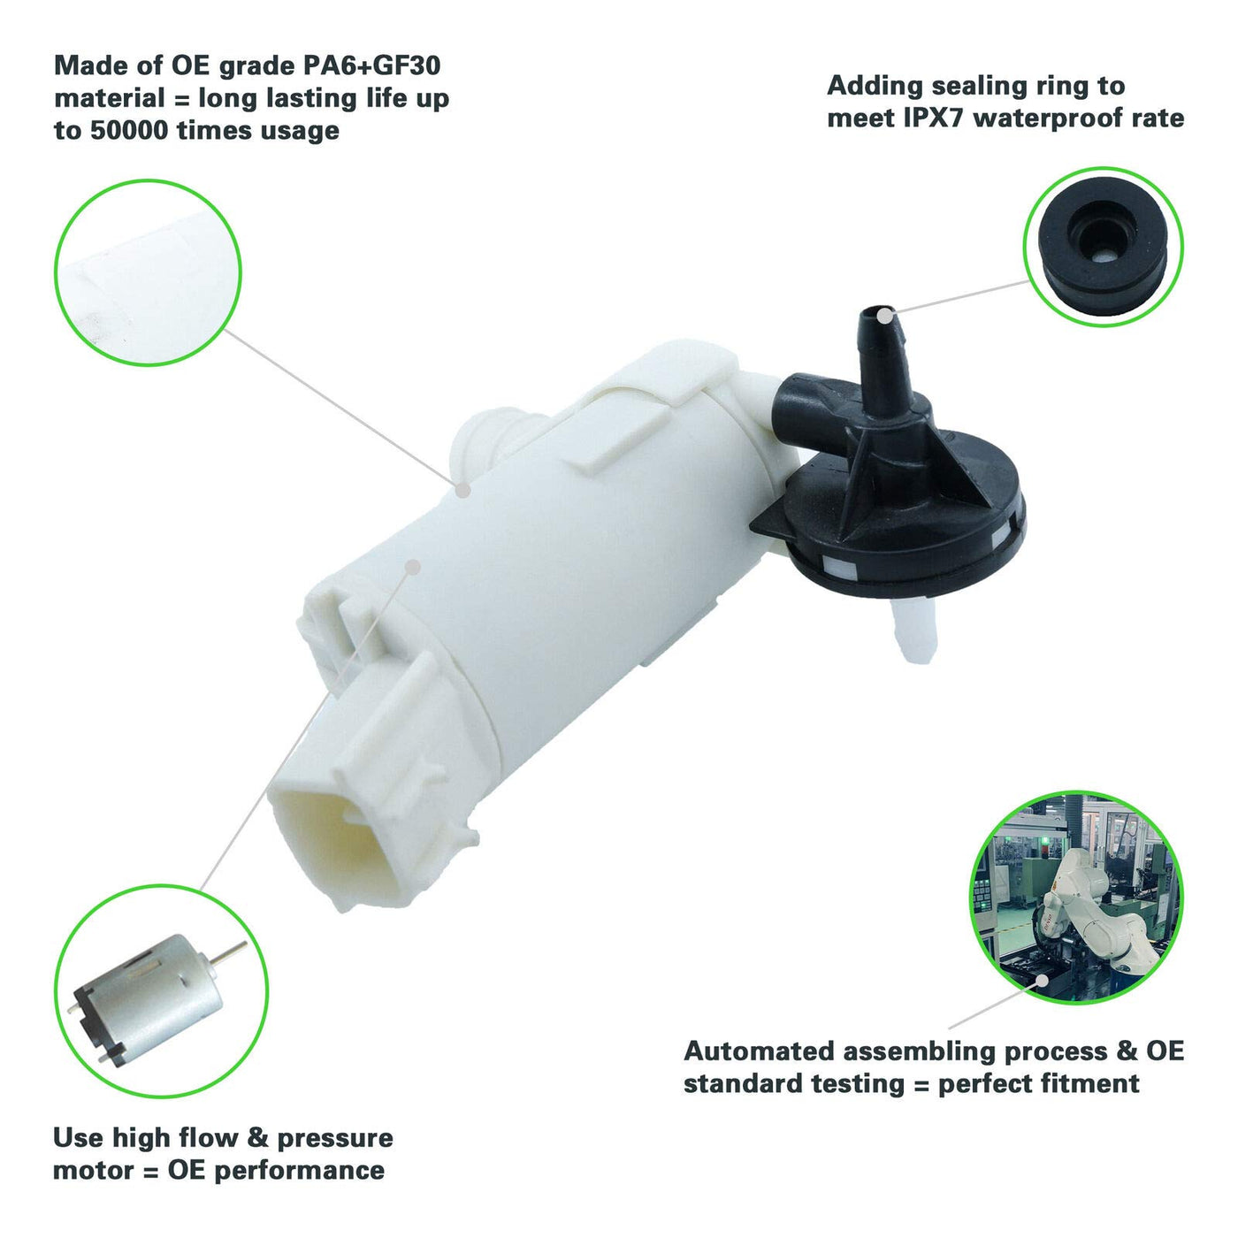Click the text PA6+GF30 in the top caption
pos(372,66)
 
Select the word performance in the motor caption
pos(299,1171)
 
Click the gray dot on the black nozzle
pos(886,316)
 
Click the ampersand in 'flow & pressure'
pos(257,1138)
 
